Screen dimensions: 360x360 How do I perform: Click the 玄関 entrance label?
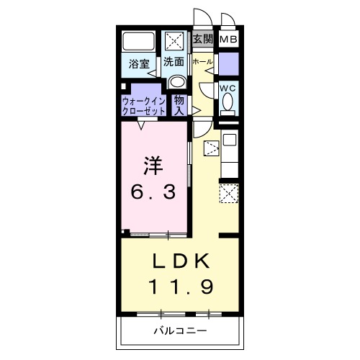coord(203,39)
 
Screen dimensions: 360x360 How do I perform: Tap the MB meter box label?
coord(228,39)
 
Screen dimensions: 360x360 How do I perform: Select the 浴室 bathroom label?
coord(139,64)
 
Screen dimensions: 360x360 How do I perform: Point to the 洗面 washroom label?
coord(174,62)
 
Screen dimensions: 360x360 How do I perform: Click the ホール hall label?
coord(202,62)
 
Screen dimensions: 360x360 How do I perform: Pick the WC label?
coord(228,89)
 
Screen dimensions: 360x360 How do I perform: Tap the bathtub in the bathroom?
coord(138,41)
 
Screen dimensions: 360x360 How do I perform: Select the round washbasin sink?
coord(177,82)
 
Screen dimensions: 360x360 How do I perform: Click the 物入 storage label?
coord(179,106)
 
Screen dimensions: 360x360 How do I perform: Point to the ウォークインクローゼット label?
coord(144,106)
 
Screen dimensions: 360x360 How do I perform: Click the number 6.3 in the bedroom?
coord(153,192)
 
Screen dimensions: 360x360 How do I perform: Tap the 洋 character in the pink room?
coord(153,166)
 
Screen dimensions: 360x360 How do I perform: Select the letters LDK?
coord(181,261)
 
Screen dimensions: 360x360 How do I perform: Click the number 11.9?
coord(181,287)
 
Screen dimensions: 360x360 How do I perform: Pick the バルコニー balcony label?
coord(180,331)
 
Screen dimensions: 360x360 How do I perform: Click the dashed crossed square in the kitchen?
coord(229,194)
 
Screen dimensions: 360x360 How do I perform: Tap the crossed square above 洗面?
coord(174,41)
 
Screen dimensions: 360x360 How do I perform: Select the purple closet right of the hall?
coord(229,64)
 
